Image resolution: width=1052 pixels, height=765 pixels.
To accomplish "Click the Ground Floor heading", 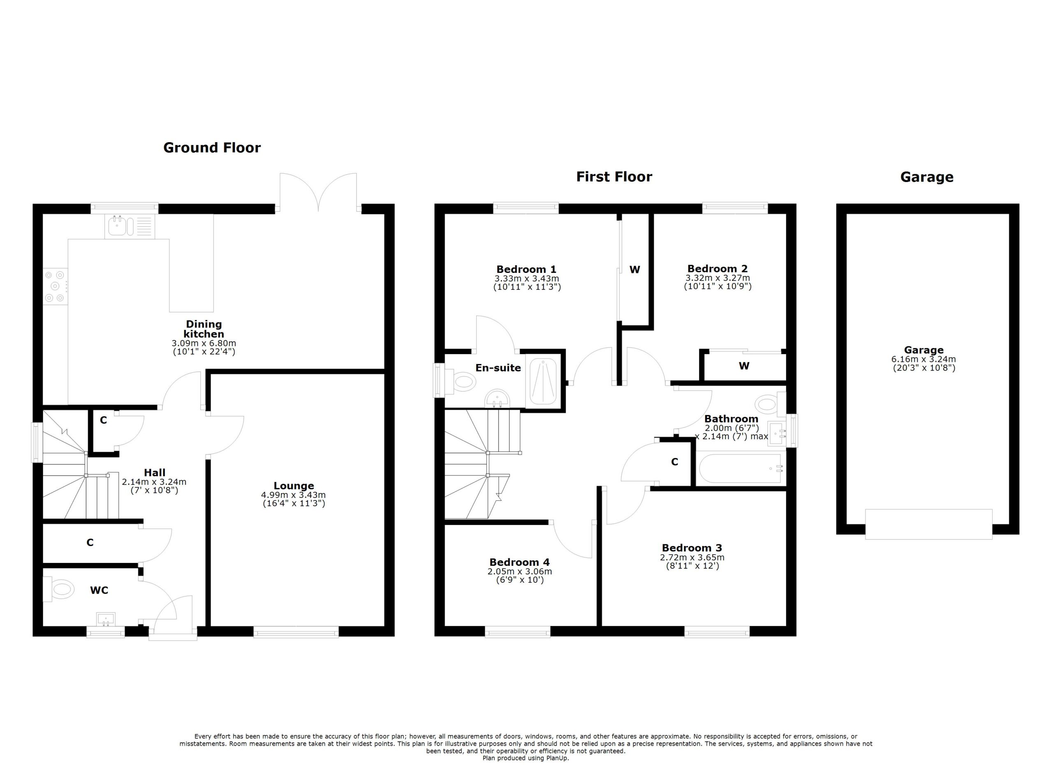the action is point(212,148).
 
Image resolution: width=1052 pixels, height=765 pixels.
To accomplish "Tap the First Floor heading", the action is point(614,177).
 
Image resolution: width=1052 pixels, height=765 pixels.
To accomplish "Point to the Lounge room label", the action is point(293,486).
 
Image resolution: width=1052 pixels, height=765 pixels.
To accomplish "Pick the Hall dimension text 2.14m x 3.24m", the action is point(154,482).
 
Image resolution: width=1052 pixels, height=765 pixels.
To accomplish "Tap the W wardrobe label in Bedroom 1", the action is point(634,270).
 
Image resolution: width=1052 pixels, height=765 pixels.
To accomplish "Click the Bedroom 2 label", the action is point(717,268).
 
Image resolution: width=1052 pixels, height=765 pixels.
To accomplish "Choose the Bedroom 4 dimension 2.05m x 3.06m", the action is point(519,571).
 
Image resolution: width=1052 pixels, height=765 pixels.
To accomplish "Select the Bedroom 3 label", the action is point(692,548).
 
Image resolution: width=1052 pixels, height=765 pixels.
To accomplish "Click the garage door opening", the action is point(929,524).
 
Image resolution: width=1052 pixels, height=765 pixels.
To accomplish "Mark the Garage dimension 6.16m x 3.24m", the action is point(923,359).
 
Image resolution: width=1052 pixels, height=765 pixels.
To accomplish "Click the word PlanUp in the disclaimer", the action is point(556,758).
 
